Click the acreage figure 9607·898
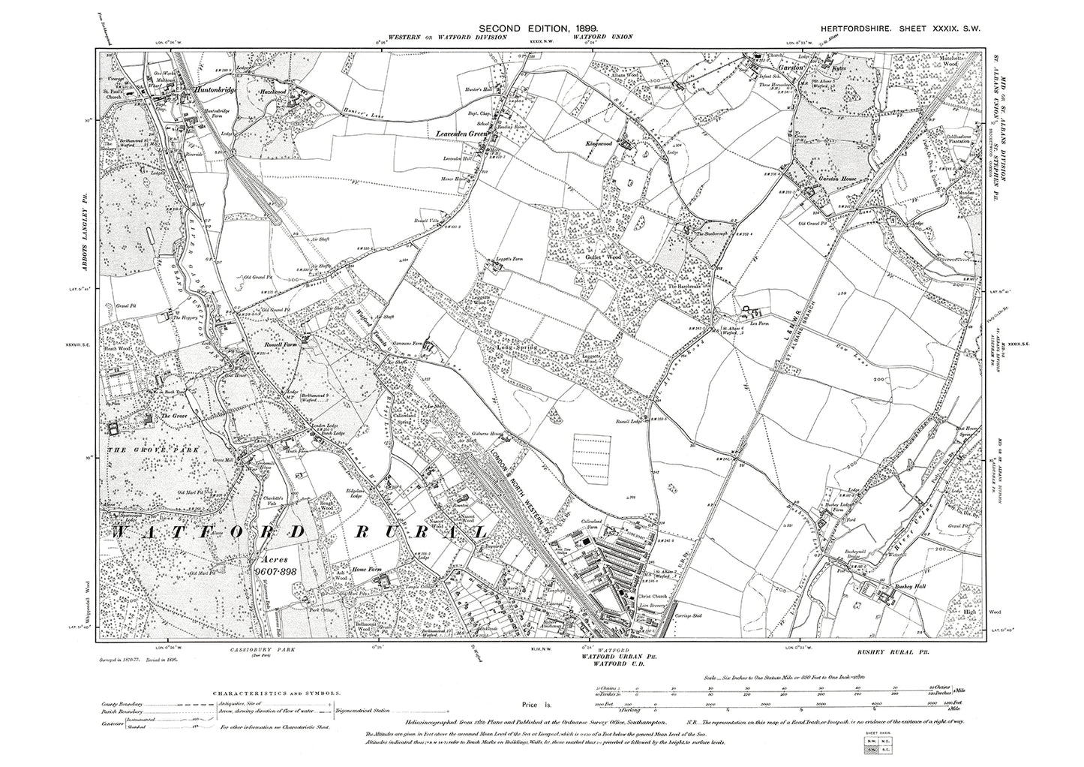coord(282,570)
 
